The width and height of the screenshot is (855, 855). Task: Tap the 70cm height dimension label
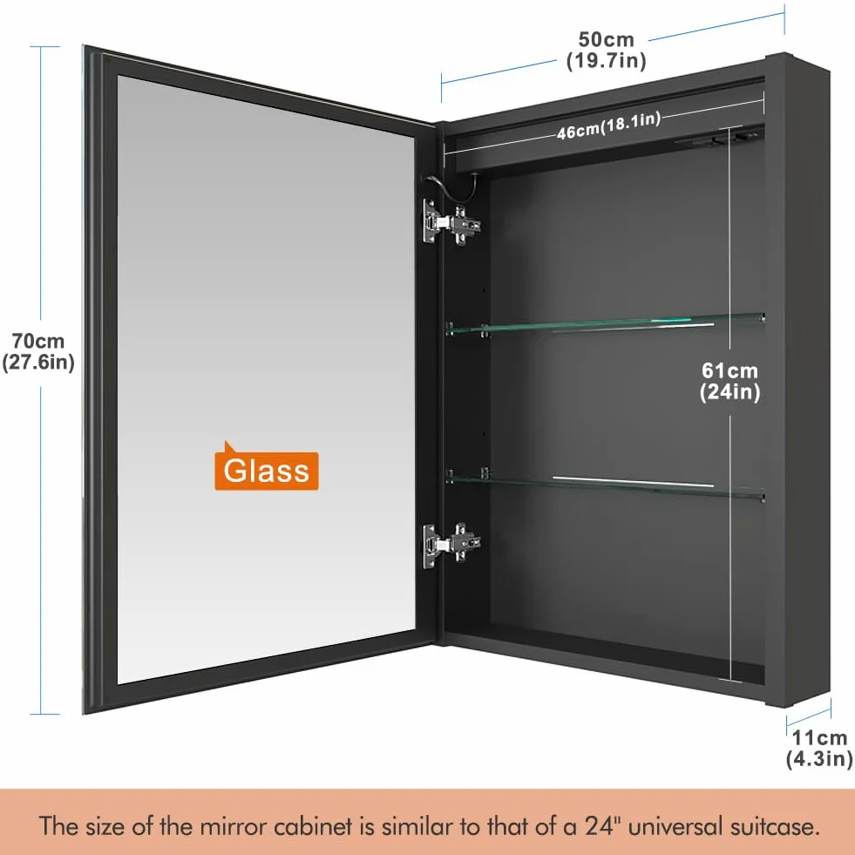click(38, 351)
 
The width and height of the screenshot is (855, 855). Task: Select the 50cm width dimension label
click(607, 50)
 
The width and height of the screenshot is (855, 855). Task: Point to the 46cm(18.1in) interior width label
click(608, 126)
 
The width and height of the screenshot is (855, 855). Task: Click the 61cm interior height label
click(729, 381)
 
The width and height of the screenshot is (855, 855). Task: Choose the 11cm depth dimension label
click(819, 748)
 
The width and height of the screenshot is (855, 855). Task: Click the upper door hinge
click(451, 222)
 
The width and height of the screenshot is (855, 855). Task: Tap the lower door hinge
click(451, 545)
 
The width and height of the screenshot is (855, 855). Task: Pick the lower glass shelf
click(604, 485)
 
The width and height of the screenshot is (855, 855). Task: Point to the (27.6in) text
click(38, 362)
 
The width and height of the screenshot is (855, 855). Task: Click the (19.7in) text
click(607, 60)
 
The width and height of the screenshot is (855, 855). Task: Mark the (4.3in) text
click(819, 759)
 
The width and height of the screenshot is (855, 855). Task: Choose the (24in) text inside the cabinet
click(729, 392)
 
